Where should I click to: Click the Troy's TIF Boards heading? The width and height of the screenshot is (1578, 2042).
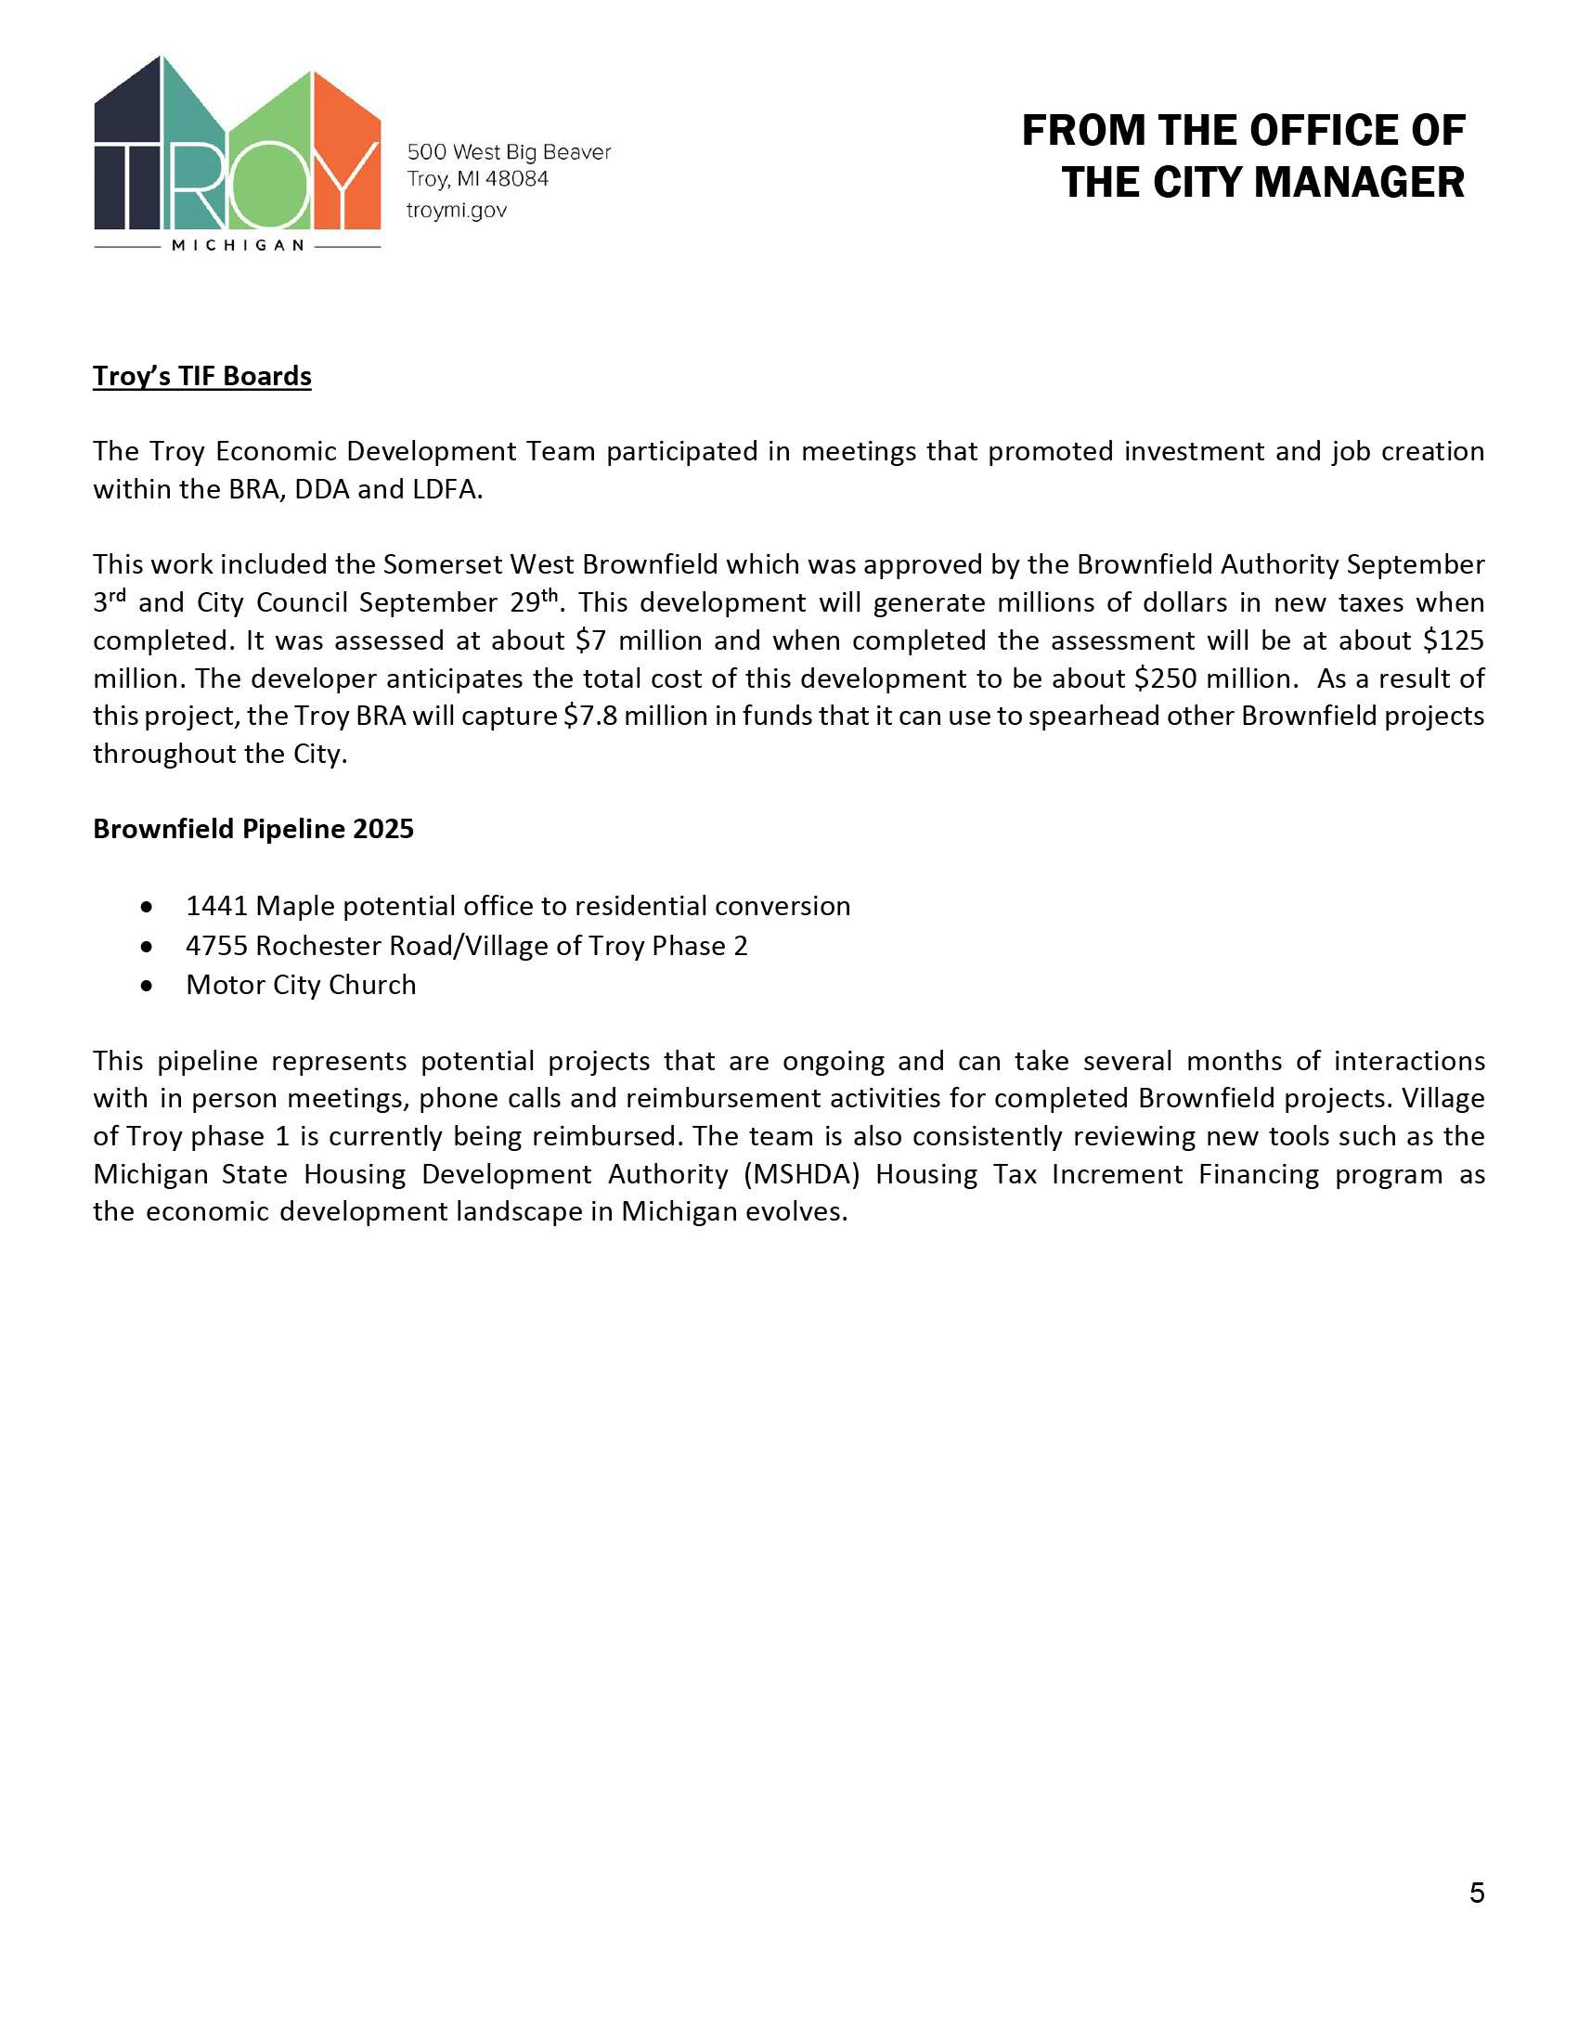pos(202,376)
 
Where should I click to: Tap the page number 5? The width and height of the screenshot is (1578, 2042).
pos(1476,1893)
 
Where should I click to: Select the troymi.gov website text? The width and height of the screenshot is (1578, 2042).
pos(456,211)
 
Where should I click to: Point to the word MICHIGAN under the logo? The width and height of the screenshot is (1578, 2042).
pos(239,246)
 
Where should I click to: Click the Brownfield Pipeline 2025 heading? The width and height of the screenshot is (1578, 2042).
pos(252,829)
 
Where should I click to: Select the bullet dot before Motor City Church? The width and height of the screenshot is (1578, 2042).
pos(146,986)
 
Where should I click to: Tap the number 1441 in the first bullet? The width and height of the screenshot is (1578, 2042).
pos(217,906)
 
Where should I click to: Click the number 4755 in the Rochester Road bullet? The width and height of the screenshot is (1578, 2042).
pos(217,946)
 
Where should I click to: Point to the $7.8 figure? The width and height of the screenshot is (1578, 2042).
pos(589,717)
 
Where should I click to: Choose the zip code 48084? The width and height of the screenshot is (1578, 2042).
pos(516,179)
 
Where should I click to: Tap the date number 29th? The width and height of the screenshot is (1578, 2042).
pos(533,602)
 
